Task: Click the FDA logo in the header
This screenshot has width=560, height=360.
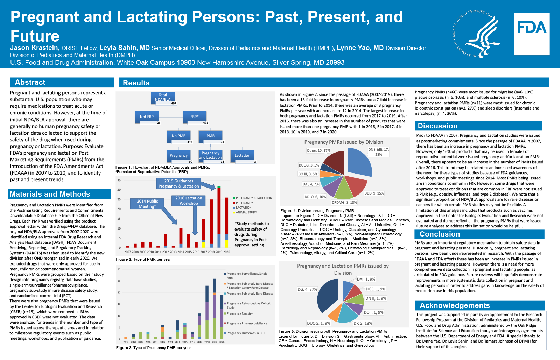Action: pos(532,34)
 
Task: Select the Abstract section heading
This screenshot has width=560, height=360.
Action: pos(30,82)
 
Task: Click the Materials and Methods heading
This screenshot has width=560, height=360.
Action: pos(50,194)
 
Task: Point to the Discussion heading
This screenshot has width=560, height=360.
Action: pos(437,126)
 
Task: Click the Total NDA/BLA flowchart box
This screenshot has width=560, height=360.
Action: pos(163,97)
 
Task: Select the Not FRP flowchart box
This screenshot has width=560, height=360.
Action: pos(147,117)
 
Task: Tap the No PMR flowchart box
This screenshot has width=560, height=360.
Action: pos(179,136)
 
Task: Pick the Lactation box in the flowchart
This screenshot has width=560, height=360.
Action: pos(242,155)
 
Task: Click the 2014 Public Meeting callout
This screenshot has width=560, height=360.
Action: pos(147,204)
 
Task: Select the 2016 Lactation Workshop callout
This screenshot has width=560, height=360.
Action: pos(189,200)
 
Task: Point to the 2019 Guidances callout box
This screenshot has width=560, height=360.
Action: pos(178,183)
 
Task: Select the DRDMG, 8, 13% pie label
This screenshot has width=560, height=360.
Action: pos(344,202)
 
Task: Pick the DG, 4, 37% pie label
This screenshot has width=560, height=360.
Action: pos(307,289)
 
